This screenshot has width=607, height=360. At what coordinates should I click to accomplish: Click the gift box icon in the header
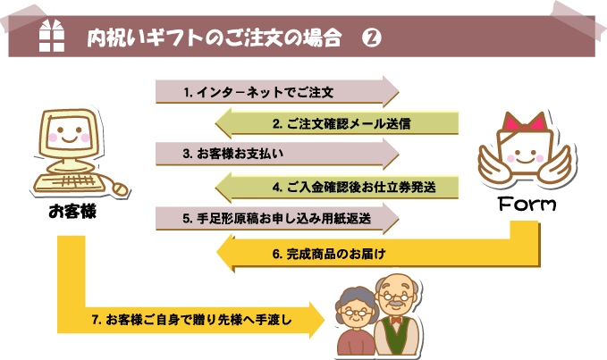pos(54,37)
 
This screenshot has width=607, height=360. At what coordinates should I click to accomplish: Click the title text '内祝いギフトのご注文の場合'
pos(215,38)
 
